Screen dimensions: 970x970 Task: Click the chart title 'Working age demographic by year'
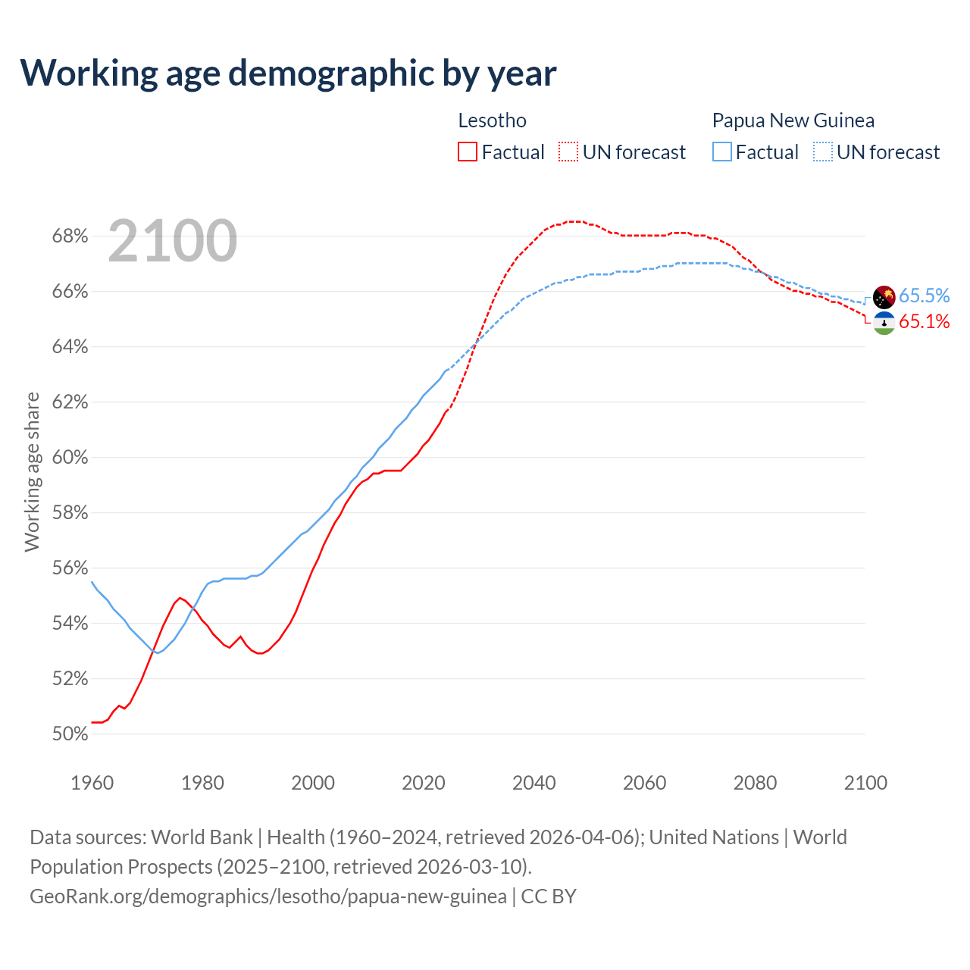click(x=288, y=73)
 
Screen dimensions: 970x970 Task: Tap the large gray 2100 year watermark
click(x=173, y=241)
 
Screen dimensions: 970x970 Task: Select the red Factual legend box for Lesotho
click(x=468, y=152)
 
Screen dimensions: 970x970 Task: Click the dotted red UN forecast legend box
click(x=568, y=152)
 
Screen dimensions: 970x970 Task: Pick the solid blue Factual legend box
click(x=722, y=152)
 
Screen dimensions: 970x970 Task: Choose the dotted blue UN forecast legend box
click(x=823, y=152)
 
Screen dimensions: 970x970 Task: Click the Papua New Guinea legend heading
click(x=793, y=120)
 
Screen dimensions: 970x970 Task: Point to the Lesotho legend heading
click(x=492, y=120)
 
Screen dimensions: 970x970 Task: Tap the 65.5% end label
click(x=924, y=296)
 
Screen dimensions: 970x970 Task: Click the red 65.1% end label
click(x=924, y=321)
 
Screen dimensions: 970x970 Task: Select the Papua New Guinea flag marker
click(x=884, y=297)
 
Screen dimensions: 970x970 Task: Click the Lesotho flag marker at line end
click(x=884, y=324)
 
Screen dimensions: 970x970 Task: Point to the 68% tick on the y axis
click(x=70, y=236)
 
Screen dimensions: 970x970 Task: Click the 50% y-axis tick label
click(x=70, y=734)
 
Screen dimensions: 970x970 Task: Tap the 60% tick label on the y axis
click(x=70, y=458)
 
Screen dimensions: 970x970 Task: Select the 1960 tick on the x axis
click(x=92, y=783)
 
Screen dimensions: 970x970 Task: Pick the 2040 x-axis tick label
click(x=534, y=783)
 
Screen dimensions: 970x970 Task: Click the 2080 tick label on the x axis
click(x=755, y=783)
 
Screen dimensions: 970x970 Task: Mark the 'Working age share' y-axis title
click(x=32, y=471)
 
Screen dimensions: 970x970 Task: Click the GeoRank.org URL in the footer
click(x=268, y=896)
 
